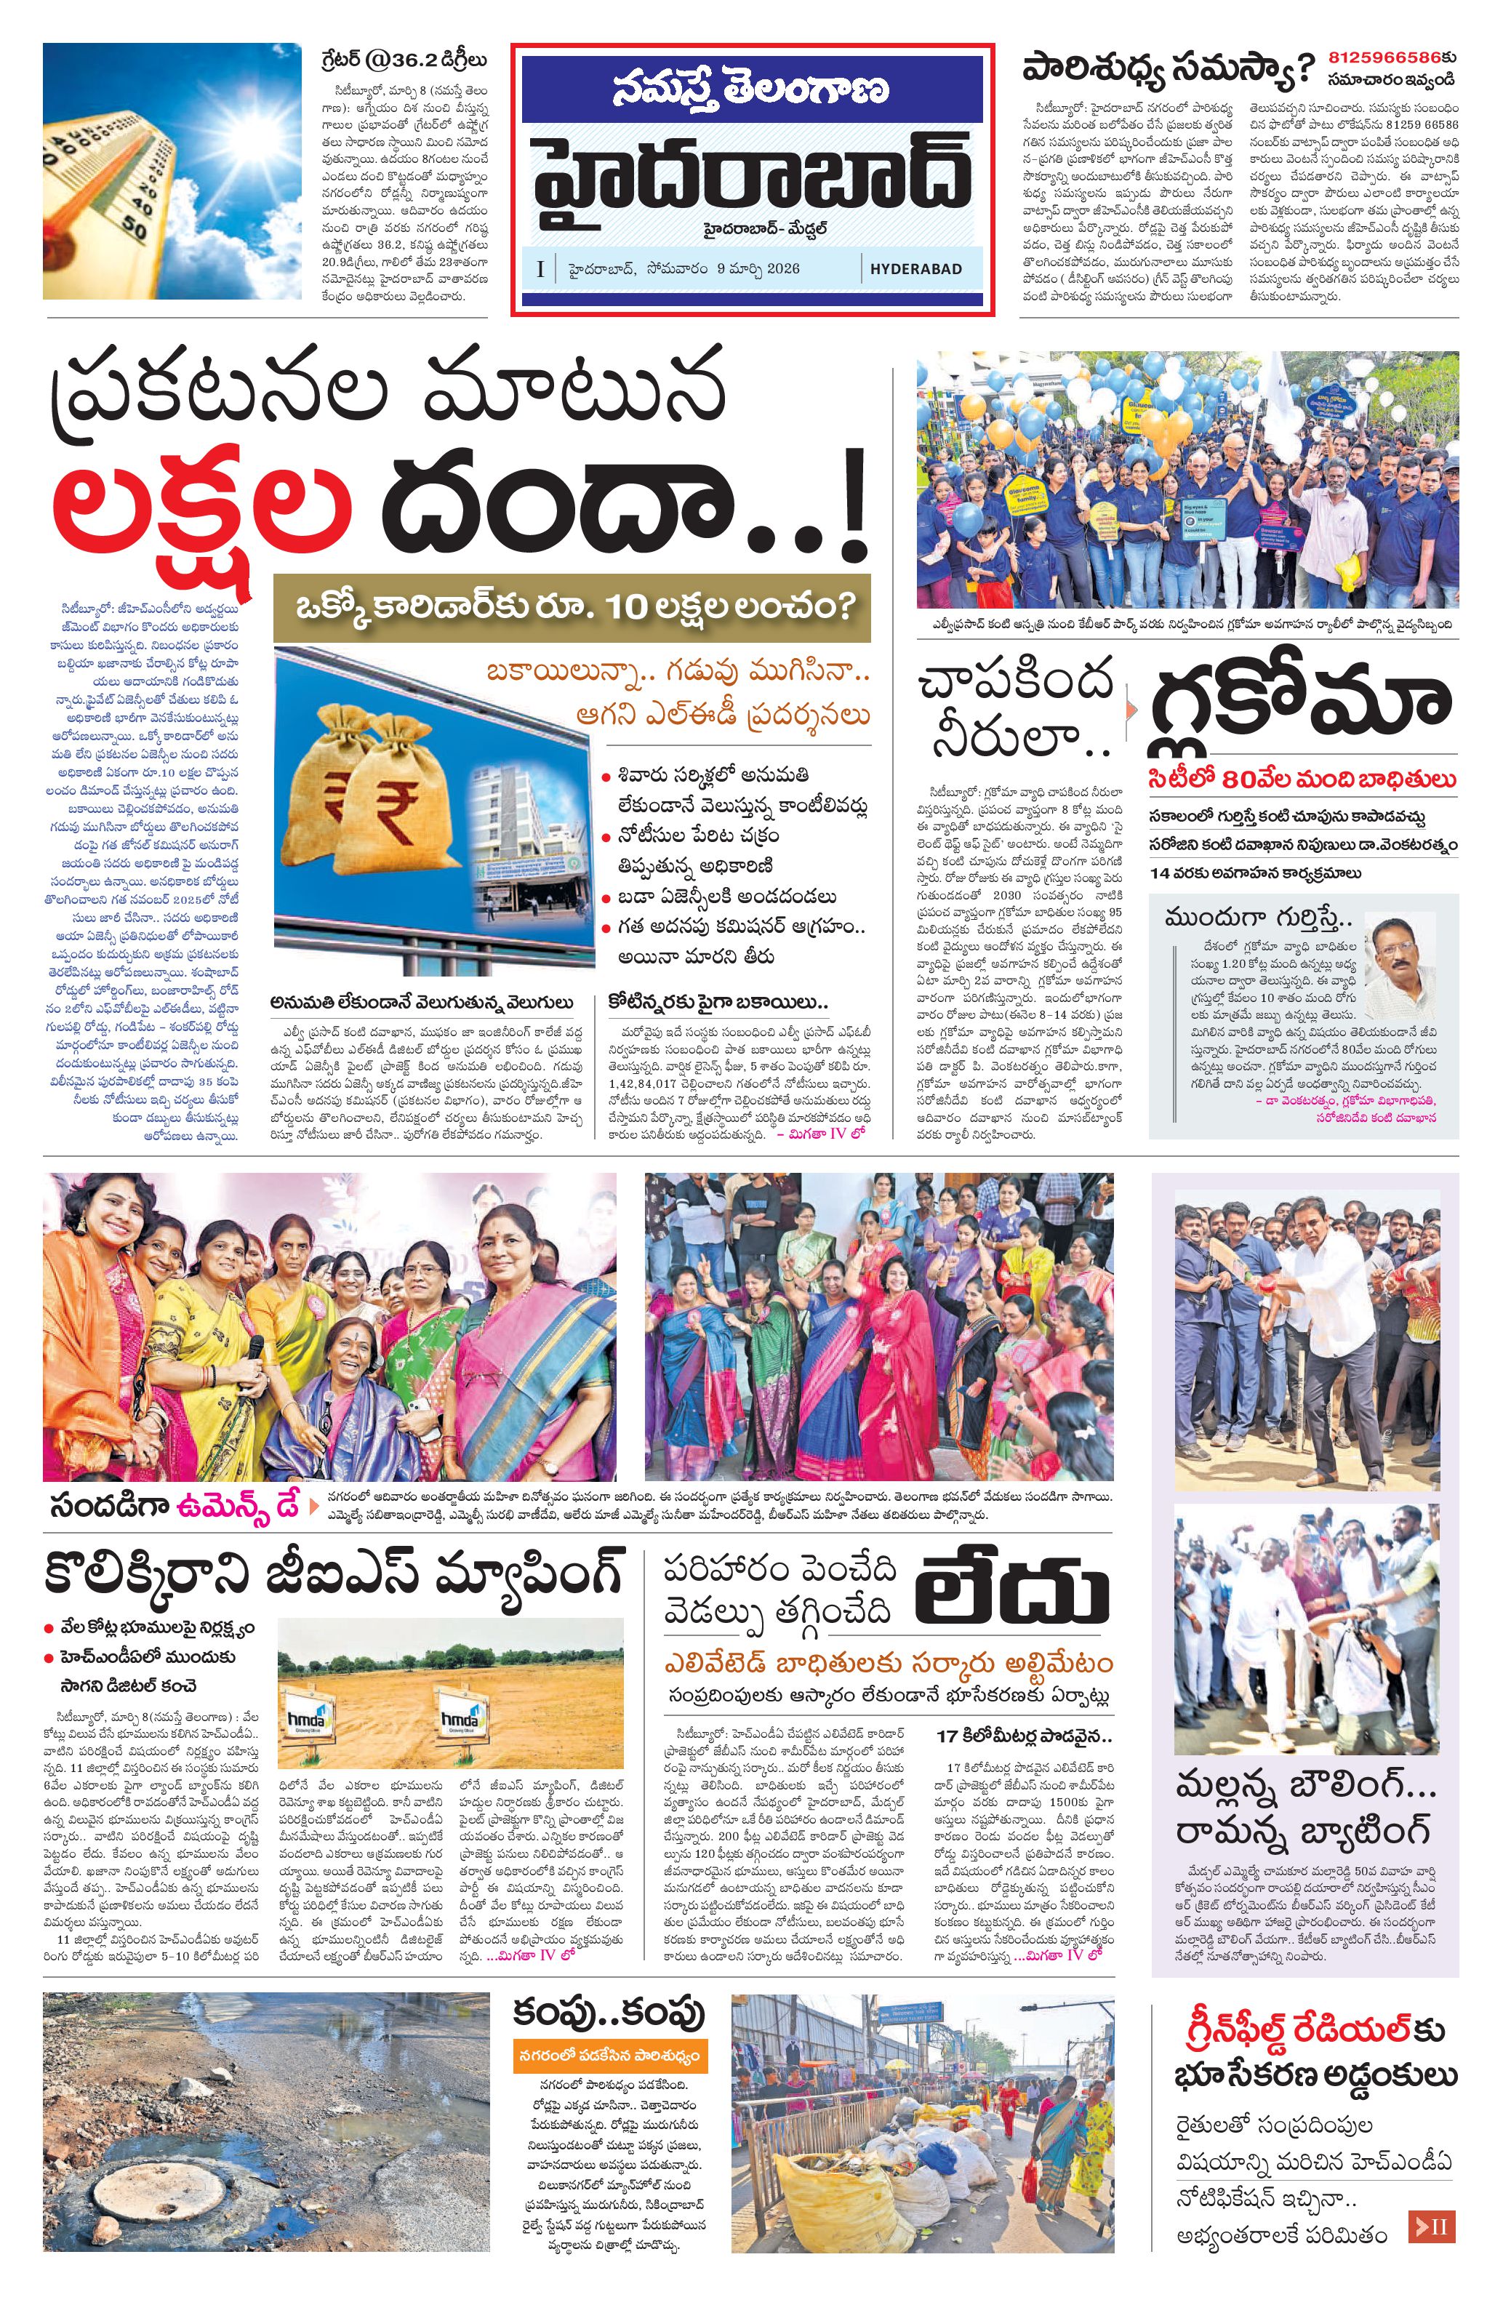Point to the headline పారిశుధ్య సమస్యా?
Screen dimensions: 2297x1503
[1168, 70]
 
